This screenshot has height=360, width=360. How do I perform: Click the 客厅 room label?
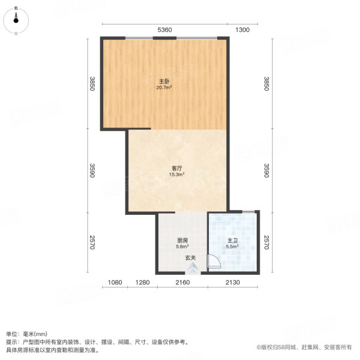[x=176, y=168]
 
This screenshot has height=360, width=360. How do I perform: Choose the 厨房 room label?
[x=182, y=239]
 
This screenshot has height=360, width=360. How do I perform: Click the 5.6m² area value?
[x=182, y=246]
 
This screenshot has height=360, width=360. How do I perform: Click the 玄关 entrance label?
[x=190, y=258]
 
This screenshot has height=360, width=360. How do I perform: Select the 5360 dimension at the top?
[x=164, y=30]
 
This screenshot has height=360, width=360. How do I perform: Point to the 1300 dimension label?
[x=242, y=30]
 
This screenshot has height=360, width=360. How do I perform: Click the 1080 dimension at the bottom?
[x=115, y=283]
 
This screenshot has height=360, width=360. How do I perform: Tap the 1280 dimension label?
[x=142, y=283]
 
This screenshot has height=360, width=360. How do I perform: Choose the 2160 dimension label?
[x=182, y=283]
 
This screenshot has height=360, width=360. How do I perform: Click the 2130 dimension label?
[x=233, y=283]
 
